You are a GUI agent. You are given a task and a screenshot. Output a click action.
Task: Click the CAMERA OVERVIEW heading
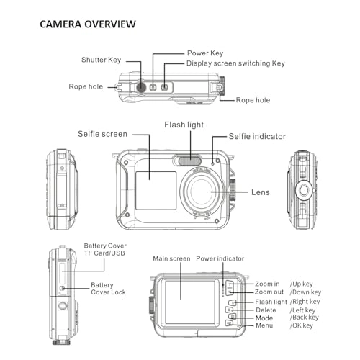87,24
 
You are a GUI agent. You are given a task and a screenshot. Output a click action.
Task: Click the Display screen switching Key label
235,63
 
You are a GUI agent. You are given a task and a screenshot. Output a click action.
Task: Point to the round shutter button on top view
143,86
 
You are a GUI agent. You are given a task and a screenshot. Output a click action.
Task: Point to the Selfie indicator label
257,136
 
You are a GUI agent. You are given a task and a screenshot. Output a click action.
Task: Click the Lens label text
260,193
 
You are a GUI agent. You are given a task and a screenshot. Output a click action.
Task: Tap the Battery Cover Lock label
108,289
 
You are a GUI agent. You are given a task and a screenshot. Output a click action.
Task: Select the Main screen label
171,258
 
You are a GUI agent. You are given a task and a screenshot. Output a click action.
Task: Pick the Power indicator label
220,258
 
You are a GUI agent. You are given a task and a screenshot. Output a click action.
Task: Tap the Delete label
266,310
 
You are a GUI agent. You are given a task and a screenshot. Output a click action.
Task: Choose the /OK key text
301,325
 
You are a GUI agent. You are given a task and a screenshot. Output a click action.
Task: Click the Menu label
264,325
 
